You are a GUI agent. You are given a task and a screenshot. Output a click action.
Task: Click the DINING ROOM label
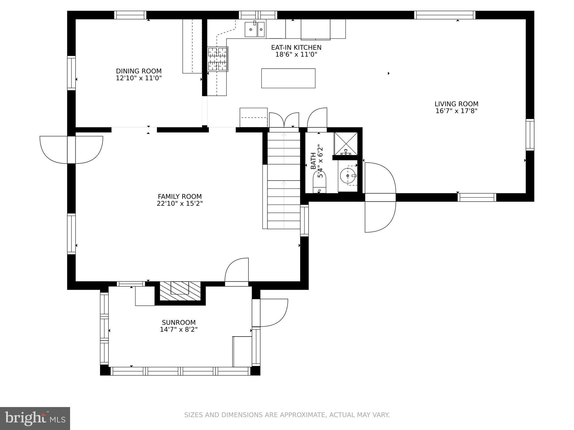[x=139, y=71]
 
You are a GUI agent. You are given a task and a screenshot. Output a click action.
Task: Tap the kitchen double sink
[x=254, y=29]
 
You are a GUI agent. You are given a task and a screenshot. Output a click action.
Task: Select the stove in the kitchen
[x=217, y=59]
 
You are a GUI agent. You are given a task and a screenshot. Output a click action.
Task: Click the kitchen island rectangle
[x=288, y=78]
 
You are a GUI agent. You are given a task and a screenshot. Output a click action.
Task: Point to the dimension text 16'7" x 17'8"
[x=456, y=111]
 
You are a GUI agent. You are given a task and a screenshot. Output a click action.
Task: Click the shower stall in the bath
[x=346, y=143]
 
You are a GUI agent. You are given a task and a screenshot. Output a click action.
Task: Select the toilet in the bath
[x=320, y=183]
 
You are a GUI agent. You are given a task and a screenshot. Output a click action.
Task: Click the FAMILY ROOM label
[x=180, y=197]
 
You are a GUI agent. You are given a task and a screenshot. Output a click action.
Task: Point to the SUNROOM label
[x=179, y=322]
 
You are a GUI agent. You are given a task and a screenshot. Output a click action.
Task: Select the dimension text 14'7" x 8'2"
[x=179, y=329]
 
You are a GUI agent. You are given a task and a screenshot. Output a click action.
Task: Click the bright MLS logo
[x=35, y=418]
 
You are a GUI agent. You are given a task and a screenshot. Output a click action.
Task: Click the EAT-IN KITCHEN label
[x=296, y=48]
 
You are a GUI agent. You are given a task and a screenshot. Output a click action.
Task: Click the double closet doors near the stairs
[x=284, y=120]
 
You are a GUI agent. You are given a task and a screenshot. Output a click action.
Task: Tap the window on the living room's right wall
[x=530, y=135]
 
